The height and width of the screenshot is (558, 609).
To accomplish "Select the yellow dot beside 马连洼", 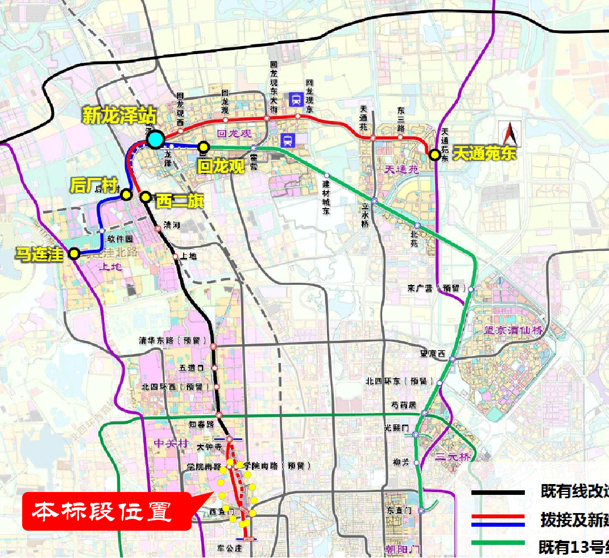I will click(x=74, y=254).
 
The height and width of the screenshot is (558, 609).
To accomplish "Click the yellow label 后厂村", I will click(x=93, y=185).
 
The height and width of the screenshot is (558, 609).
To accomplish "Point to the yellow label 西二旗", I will click(x=176, y=201).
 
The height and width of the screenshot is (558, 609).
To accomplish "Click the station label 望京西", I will click(x=432, y=353).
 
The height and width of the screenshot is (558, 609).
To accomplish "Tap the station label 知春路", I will click(x=202, y=424).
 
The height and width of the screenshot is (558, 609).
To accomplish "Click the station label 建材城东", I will click(x=326, y=197).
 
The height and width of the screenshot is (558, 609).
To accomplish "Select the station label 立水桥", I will click(x=364, y=217).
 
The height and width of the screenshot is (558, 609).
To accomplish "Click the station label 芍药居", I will click(x=404, y=405).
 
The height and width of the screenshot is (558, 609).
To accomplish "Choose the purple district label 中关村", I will click(x=170, y=443).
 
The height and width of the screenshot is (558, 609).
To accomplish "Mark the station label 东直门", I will click(x=398, y=510).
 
